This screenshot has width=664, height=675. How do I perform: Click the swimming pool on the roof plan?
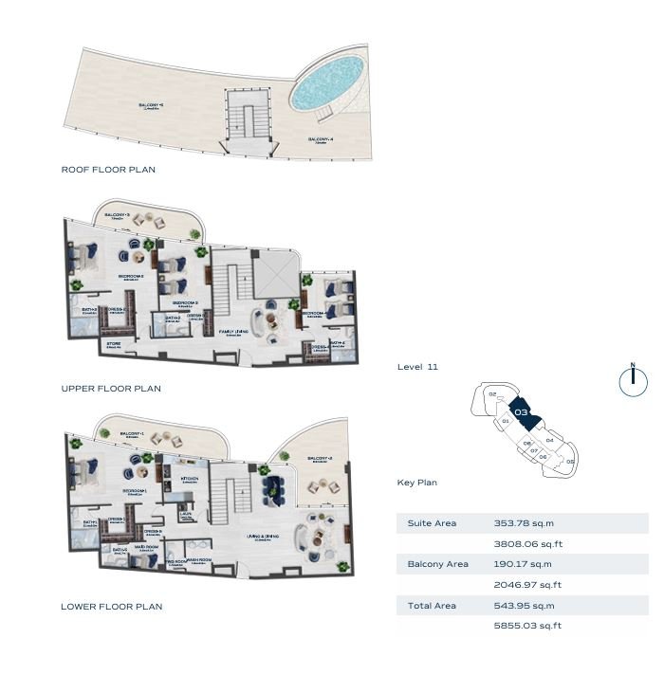tap(327, 82)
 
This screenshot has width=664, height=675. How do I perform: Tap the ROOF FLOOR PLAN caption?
tap(108, 170)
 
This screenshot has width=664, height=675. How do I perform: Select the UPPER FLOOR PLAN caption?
tap(111, 389)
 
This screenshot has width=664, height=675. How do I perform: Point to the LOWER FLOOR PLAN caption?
tap(111, 607)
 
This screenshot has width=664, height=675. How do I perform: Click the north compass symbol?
tap(632, 380)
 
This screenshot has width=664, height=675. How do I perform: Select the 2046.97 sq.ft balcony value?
tap(527, 585)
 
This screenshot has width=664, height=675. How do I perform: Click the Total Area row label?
tap(432, 606)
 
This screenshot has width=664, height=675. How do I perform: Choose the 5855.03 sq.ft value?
tap(527, 626)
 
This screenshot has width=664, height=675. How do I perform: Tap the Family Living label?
tap(234, 332)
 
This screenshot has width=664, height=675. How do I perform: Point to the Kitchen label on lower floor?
tap(190, 480)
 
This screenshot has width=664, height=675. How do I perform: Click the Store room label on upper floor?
tap(113, 343)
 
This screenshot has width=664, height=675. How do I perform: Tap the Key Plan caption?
tap(416, 483)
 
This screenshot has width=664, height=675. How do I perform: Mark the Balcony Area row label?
tap(437, 564)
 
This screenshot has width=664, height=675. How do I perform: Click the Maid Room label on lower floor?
tap(145, 546)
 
